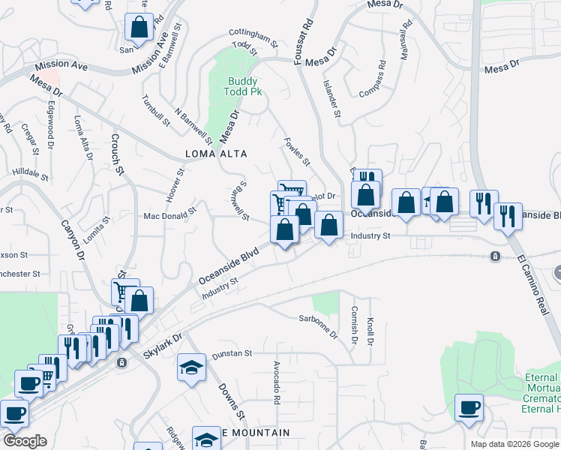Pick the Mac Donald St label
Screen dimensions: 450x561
point(169,216)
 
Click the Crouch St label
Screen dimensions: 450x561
point(118,153)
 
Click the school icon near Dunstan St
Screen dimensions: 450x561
point(191,367)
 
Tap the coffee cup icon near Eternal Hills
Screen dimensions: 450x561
point(470,408)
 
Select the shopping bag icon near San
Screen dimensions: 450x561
point(139,28)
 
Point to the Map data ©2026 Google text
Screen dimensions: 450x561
point(514,444)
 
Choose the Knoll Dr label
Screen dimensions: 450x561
point(370,330)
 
